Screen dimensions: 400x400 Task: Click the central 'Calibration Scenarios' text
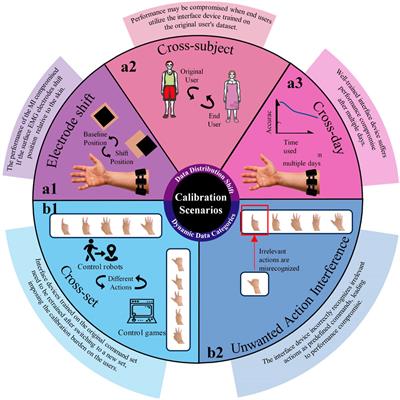(x=200, y=201)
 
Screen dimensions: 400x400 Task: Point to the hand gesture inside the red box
(x=252, y=221)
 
